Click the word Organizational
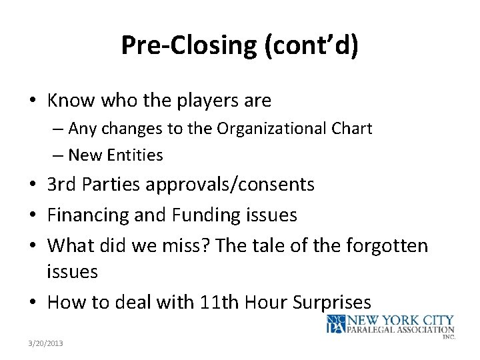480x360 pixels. point(273,128)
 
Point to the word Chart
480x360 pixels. point(351,128)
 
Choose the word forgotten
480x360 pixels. point(387,245)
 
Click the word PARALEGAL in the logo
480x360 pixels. point(374,329)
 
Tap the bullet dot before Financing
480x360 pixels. point(33,215)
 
